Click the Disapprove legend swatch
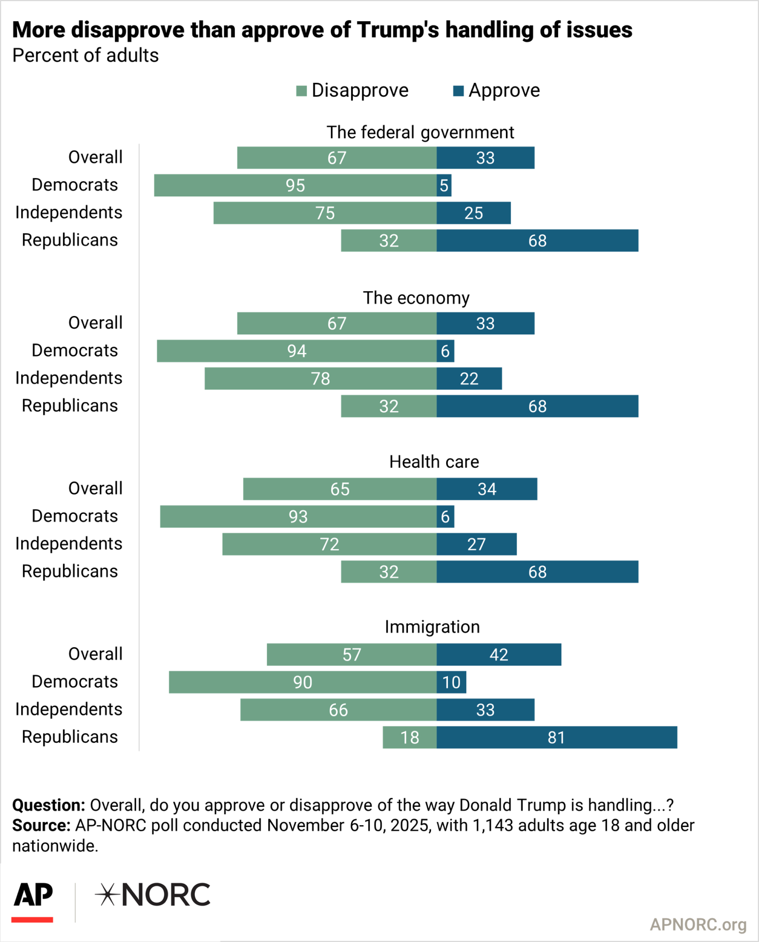tap(301, 90)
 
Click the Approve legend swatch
tap(458, 90)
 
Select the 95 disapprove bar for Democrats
tap(295, 185)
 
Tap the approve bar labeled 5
tap(444, 185)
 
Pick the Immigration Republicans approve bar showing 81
tap(556, 737)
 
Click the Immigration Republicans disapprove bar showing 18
tap(409, 737)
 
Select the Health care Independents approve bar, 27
tap(476, 544)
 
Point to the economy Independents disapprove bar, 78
tap(320, 378)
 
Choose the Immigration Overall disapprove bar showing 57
tap(352, 654)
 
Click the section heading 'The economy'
tap(416, 298)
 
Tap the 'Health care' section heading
tap(434, 462)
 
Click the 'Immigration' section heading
tap(432, 627)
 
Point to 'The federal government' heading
tap(420, 132)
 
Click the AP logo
tap(32, 896)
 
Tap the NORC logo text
tap(165, 895)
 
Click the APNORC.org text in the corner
tap(698, 925)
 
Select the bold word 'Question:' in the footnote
tap(48, 805)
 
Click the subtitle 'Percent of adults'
tap(85, 56)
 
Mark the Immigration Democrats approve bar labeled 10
tap(451, 682)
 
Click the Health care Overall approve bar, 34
tap(487, 489)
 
